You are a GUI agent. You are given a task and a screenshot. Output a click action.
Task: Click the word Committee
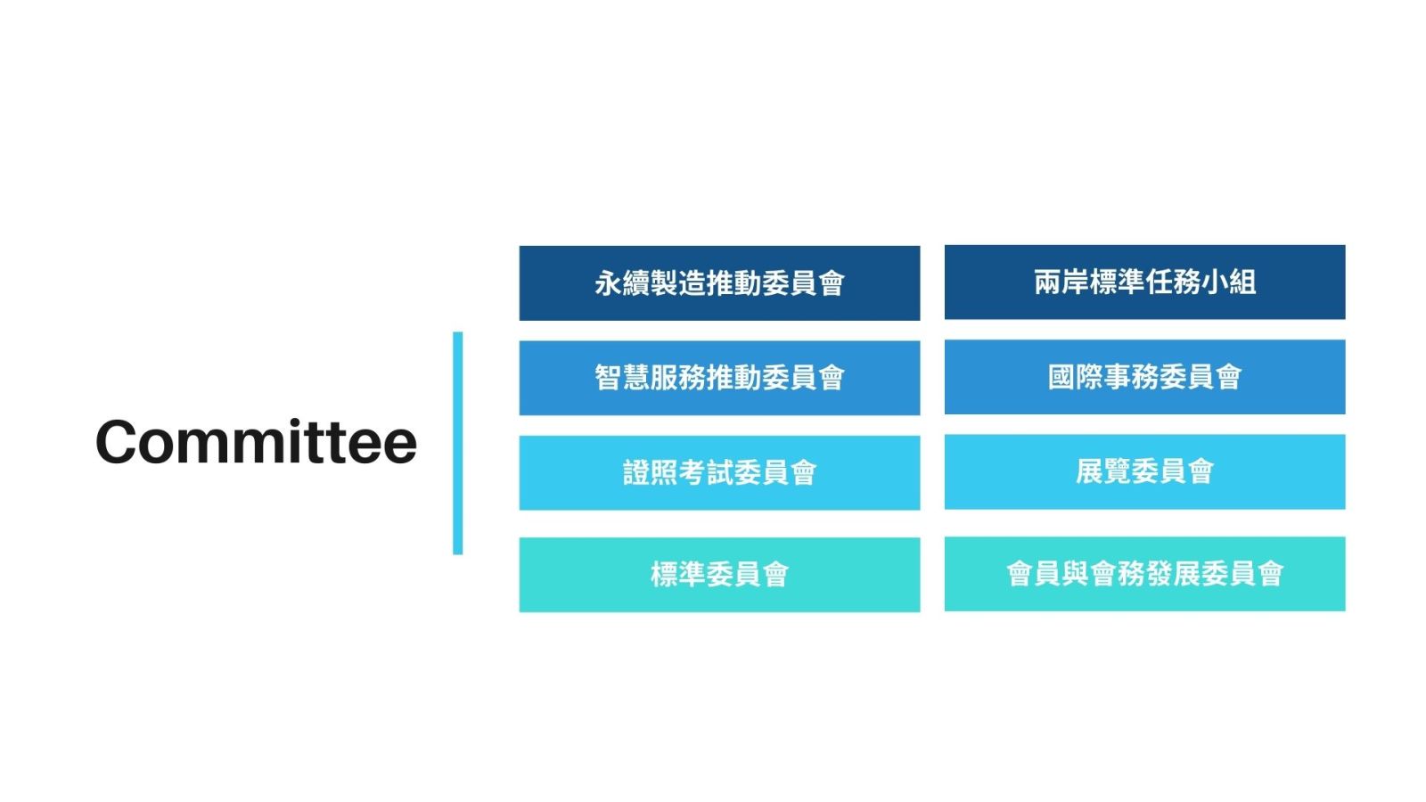click(x=256, y=442)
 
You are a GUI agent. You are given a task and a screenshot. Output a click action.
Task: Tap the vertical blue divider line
click(x=458, y=443)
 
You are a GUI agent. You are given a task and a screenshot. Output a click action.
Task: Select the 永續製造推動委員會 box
click(x=719, y=283)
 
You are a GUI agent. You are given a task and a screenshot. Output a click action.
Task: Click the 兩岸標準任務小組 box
click(x=1144, y=282)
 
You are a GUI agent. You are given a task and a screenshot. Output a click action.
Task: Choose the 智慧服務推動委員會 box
click(x=719, y=378)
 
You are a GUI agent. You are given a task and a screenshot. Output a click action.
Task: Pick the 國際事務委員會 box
click(x=1144, y=377)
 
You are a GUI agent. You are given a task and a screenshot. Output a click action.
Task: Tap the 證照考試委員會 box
click(x=719, y=473)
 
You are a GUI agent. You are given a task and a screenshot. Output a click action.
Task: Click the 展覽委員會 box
click(x=1144, y=471)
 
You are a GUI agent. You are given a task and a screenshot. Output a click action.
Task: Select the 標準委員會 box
click(x=719, y=575)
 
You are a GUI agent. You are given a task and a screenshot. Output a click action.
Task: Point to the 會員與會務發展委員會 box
click(x=1144, y=574)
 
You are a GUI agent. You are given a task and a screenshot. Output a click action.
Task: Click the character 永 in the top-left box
click(x=608, y=283)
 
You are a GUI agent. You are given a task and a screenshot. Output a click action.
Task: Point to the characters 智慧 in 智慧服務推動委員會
click(x=622, y=378)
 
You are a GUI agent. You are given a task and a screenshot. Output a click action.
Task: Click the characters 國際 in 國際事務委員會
click(x=1076, y=377)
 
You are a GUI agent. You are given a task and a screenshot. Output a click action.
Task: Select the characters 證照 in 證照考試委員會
click(x=650, y=473)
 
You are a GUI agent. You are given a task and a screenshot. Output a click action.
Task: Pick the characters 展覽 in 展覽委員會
click(x=1103, y=471)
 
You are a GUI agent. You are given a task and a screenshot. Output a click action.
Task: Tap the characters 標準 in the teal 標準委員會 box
click(x=678, y=575)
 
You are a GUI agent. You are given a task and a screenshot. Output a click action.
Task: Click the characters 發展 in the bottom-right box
click(x=1173, y=574)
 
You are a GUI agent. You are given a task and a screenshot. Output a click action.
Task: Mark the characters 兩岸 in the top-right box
click(x=1061, y=282)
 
